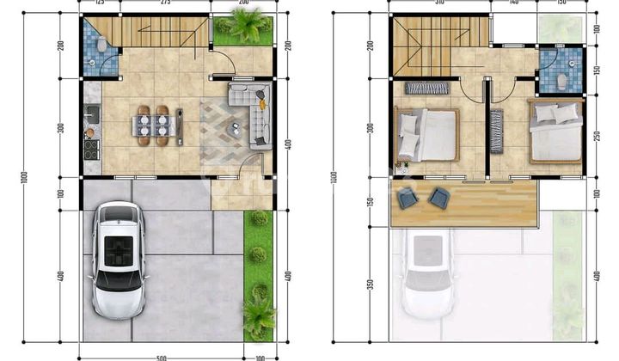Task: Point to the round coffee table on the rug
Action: point(236,130)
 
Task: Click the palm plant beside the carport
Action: point(257,313)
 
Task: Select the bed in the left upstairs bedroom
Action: point(427,133)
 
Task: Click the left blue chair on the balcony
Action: point(408,197)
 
